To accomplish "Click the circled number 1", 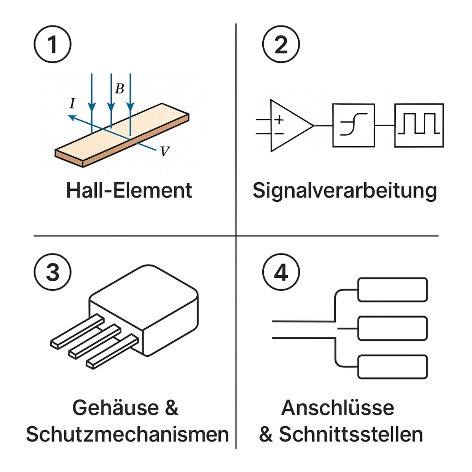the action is pyautogui.click(x=53, y=44).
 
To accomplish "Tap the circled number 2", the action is pyautogui.click(x=281, y=44).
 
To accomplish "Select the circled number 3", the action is pyautogui.click(x=53, y=272).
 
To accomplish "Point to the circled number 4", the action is pyautogui.click(x=281, y=272).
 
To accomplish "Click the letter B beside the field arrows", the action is pyautogui.click(x=120, y=89).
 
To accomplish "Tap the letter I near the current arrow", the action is pyautogui.click(x=72, y=103).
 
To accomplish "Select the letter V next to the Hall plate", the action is pyautogui.click(x=165, y=151).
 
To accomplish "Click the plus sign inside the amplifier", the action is pyautogui.click(x=279, y=120).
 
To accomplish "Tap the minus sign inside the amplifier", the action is pyautogui.click(x=279, y=133).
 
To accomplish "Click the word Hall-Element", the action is pyautogui.click(x=129, y=190).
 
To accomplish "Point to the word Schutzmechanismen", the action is pyautogui.click(x=127, y=434).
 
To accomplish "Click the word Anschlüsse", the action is pyautogui.click(x=338, y=407).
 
